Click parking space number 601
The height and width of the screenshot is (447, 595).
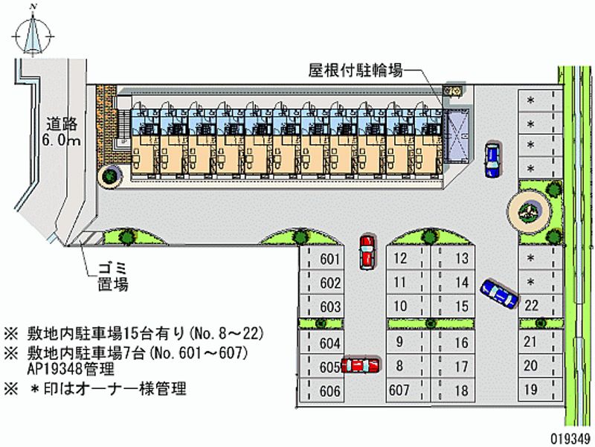[331, 259]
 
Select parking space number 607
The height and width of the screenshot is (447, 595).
[399, 390]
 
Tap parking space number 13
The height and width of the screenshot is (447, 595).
[462, 259]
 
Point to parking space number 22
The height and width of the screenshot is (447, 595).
[531, 305]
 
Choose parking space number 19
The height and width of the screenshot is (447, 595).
[531, 389]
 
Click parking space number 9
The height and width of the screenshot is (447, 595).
[399, 342]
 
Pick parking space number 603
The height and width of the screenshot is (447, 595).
[331, 306]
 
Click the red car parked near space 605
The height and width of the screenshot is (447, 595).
[361, 365]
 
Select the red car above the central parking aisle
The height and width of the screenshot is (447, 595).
[367, 251]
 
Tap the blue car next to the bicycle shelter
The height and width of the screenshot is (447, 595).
[491, 159]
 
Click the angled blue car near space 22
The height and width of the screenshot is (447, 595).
[499, 293]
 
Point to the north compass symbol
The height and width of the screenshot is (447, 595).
[33, 32]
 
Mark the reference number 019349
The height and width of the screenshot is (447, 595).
[570, 438]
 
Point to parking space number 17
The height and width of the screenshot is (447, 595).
[462, 366]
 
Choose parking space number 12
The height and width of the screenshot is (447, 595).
[399, 259]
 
